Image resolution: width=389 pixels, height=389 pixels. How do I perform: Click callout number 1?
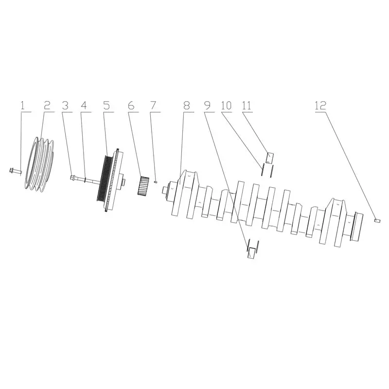[22, 106]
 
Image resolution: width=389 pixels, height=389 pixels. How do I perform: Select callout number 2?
[47, 106]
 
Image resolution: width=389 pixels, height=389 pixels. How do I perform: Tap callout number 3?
[65, 106]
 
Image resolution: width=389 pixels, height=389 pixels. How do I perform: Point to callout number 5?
[106, 106]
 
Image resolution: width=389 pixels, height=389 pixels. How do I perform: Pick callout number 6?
[131, 106]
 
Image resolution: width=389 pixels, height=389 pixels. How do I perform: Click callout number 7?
[153, 106]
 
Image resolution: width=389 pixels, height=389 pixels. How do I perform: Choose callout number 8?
[187, 106]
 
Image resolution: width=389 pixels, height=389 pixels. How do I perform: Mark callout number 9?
[208, 106]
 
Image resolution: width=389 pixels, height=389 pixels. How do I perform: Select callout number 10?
[226, 106]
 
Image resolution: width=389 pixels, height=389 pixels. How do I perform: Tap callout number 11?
[247, 106]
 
